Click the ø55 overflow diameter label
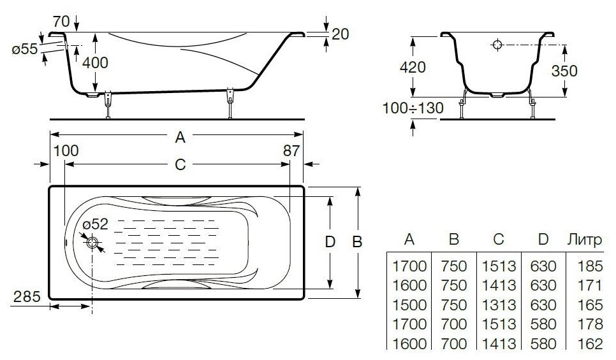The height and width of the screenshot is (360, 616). pos(24,49)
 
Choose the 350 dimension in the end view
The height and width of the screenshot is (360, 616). pos(564,71)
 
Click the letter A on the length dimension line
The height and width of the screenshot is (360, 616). pos(180,136)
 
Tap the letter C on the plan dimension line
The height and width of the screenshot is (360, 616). pos(180,164)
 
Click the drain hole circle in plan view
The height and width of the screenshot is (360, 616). pos(92,243)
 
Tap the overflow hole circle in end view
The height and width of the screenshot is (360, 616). pos(497,45)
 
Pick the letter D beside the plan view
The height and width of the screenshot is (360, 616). pos(330,242)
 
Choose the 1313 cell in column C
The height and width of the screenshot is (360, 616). pos(499,305)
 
